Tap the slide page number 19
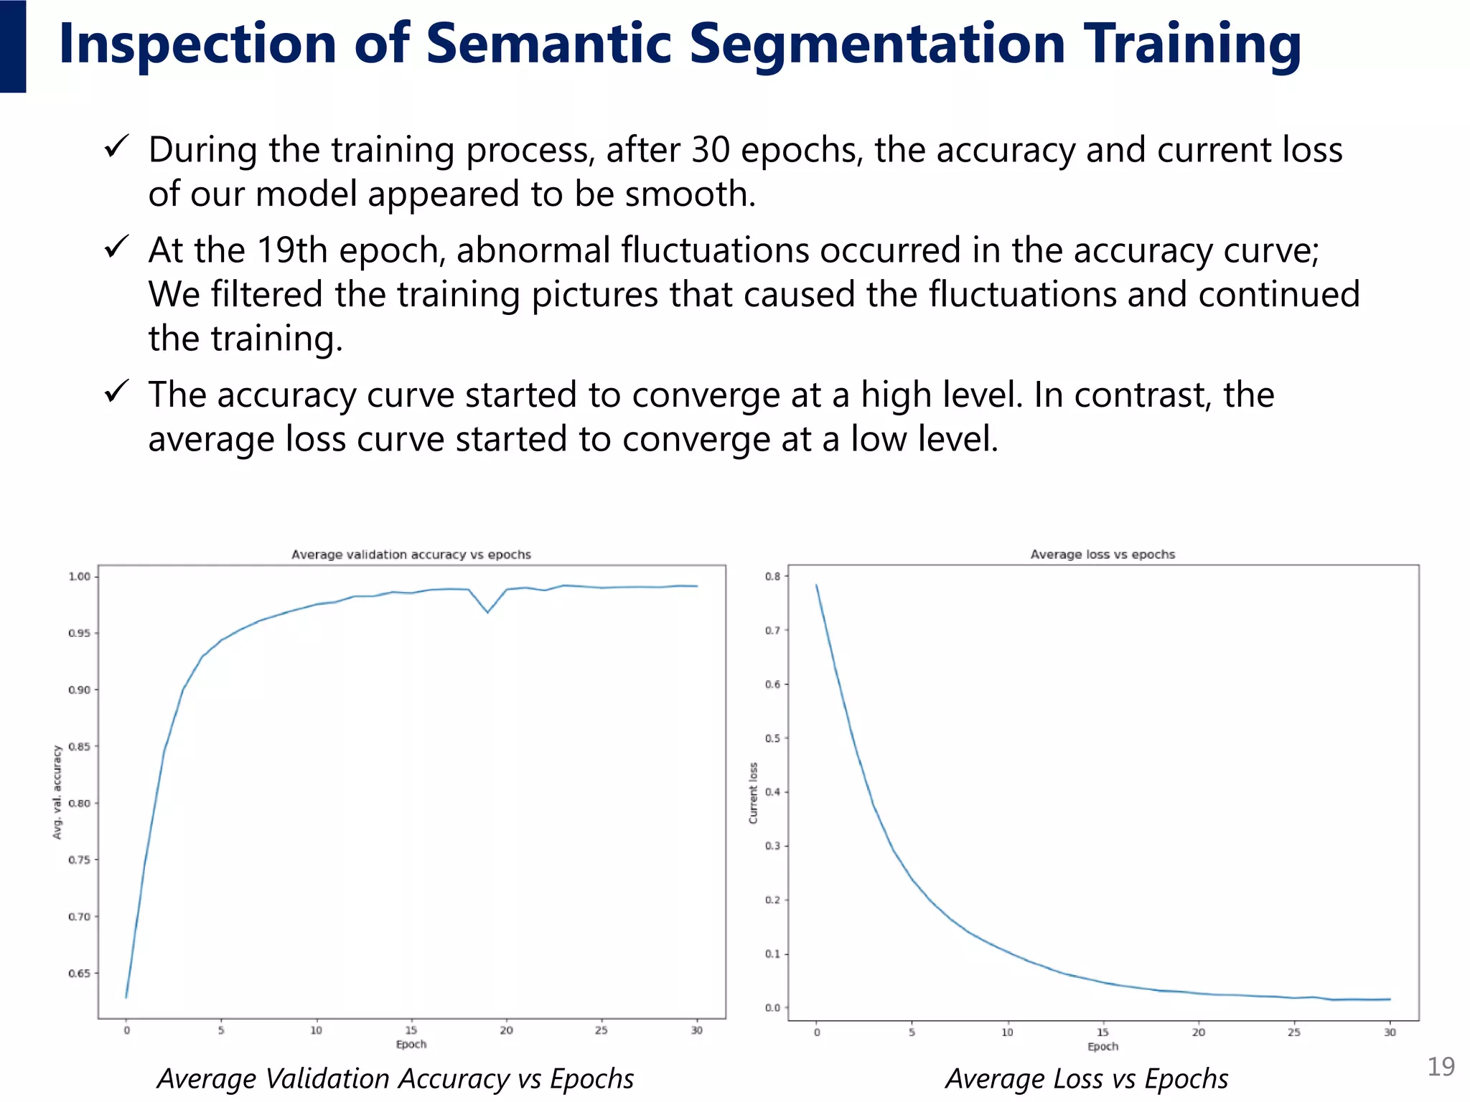1440,1066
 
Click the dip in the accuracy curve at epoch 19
487,612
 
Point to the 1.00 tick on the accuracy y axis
79,576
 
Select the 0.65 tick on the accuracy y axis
79,974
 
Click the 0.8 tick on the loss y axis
772,576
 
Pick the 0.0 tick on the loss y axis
772,1007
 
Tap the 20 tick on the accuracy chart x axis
507,1030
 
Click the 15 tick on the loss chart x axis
1102,1032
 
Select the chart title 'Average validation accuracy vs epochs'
411,555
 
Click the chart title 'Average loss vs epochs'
1102,555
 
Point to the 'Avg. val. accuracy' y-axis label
57,792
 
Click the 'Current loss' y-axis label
753,793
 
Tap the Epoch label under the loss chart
1102,1047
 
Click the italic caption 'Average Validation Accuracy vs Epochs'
395,1078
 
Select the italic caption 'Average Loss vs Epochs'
1087,1078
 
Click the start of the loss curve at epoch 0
817,585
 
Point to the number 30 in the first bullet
711,150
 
